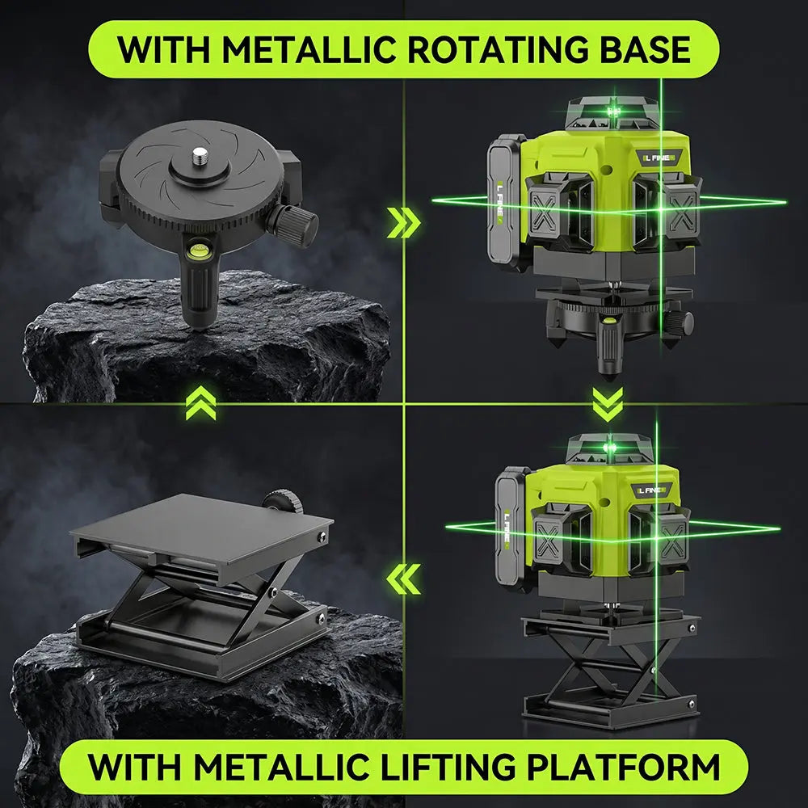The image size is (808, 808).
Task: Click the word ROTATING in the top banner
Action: click(497, 49)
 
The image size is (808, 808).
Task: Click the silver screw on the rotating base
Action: click(199, 156)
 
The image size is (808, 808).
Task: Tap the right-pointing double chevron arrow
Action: click(403, 223)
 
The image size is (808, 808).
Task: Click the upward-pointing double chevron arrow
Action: click(200, 403)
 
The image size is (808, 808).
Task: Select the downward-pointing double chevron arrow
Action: click(608, 404)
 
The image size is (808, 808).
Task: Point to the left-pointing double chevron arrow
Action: click(403, 579)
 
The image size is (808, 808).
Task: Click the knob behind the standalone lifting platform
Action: click(283, 502)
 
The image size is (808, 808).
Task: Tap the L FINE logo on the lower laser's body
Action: click(650, 490)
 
